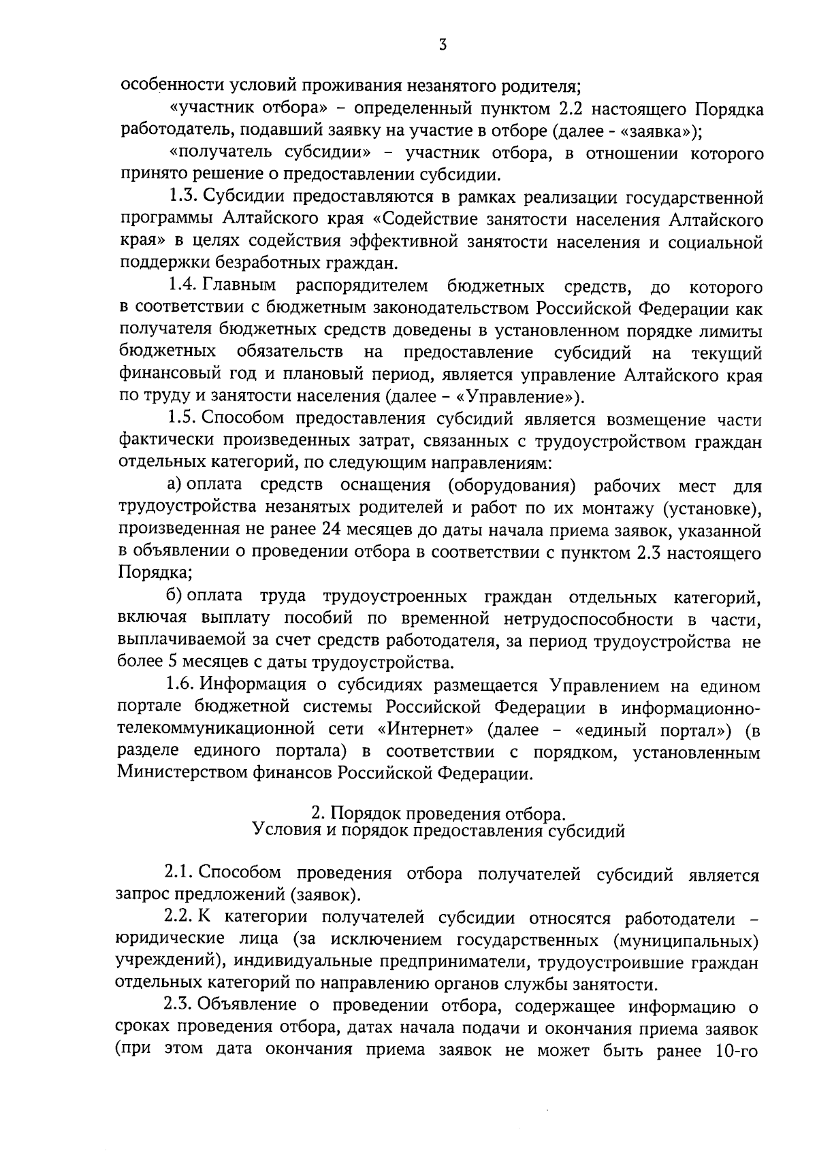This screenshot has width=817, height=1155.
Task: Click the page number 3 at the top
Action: pos(443,46)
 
